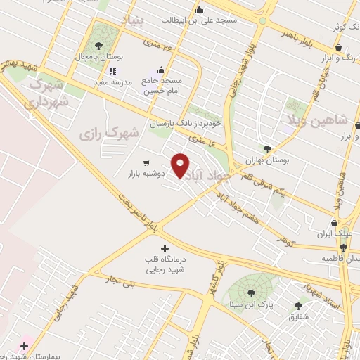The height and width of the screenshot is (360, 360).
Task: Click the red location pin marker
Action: click(181, 165)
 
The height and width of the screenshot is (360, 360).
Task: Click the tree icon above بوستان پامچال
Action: click(107, 45)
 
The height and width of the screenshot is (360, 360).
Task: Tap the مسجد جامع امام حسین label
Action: click(162, 86)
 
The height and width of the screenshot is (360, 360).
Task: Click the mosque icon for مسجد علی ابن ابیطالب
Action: click(200, 10)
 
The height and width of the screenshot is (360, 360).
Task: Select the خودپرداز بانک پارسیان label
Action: click(186, 124)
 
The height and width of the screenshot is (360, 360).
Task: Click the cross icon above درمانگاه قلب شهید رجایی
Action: click(165, 248)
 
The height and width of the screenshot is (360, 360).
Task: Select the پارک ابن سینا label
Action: click(255, 305)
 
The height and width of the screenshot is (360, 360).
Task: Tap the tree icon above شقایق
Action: click(299, 306)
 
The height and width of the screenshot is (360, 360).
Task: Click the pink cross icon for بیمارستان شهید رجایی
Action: click(25, 346)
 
